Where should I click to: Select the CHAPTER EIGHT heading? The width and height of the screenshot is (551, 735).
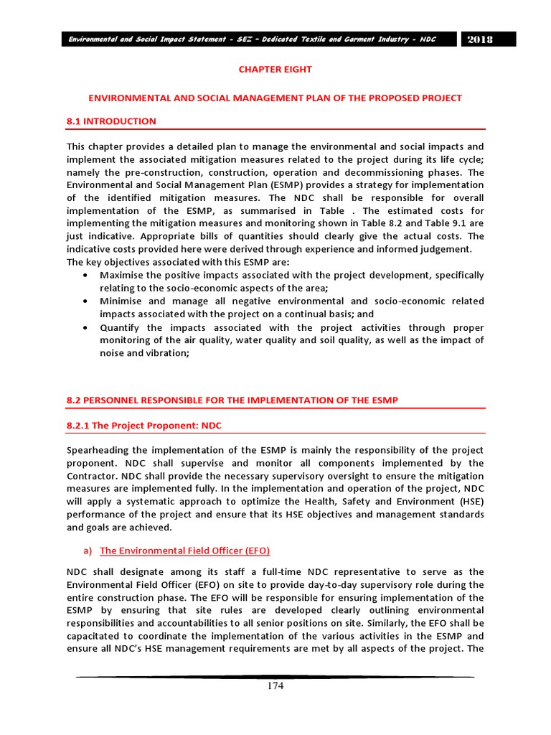click(x=275, y=70)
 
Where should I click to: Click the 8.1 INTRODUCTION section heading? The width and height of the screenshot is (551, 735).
click(x=111, y=121)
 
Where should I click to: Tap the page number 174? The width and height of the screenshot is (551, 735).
click(x=275, y=686)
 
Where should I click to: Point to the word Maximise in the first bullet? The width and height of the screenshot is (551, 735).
click(x=123, y=275)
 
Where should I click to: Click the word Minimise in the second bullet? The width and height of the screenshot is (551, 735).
click(x=122, y=301)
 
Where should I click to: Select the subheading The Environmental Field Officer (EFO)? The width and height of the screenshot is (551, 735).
click(x=184, y=551)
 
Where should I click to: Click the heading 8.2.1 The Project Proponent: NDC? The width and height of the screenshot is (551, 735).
click(x=144, y=426)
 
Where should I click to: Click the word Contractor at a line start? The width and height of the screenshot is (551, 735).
click(x=93, y=476)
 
